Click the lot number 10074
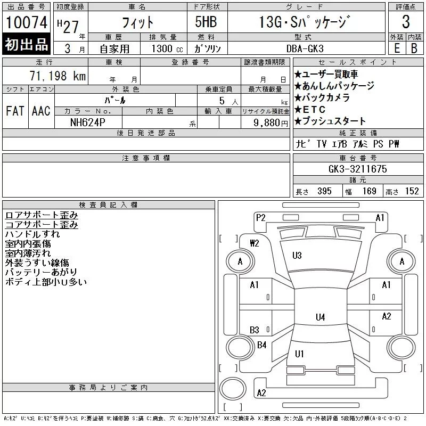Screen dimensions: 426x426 tap(26, 22)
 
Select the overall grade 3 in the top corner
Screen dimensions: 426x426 tap(406, 22)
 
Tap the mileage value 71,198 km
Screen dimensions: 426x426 tap(58, 76)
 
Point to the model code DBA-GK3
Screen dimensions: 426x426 tap(305, 48)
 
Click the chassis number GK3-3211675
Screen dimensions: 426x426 tap(357, 169)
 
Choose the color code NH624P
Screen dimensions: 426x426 tap(87, 122)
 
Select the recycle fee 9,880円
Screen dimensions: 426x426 tap(271, 123)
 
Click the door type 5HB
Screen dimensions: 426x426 tap(206, 22)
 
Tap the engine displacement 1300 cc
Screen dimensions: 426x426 tap(167, 48)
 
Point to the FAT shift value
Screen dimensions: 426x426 tap(15, 111)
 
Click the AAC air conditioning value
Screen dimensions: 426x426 tap(41, 111)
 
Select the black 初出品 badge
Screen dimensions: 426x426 tap(26, 44)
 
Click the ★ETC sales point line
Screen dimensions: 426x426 tap(310, 110)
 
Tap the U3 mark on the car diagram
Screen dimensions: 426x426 tap(297, 256)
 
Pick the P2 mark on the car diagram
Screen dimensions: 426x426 tap(260, 218)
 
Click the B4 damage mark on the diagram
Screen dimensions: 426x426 tap(261, 345)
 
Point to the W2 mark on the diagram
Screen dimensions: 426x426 tap(255, 243)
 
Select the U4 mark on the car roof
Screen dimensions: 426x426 tap(321, 317)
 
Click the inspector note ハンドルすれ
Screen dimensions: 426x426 tap(32, 234)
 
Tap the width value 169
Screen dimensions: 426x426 tap(369, 191)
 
